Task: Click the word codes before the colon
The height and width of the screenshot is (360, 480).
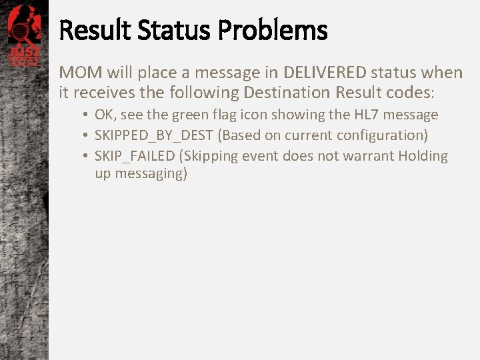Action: pos(409,92)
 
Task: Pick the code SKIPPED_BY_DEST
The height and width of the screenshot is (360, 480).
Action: pos(154,135)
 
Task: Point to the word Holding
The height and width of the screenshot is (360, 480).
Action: pos(423,156)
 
